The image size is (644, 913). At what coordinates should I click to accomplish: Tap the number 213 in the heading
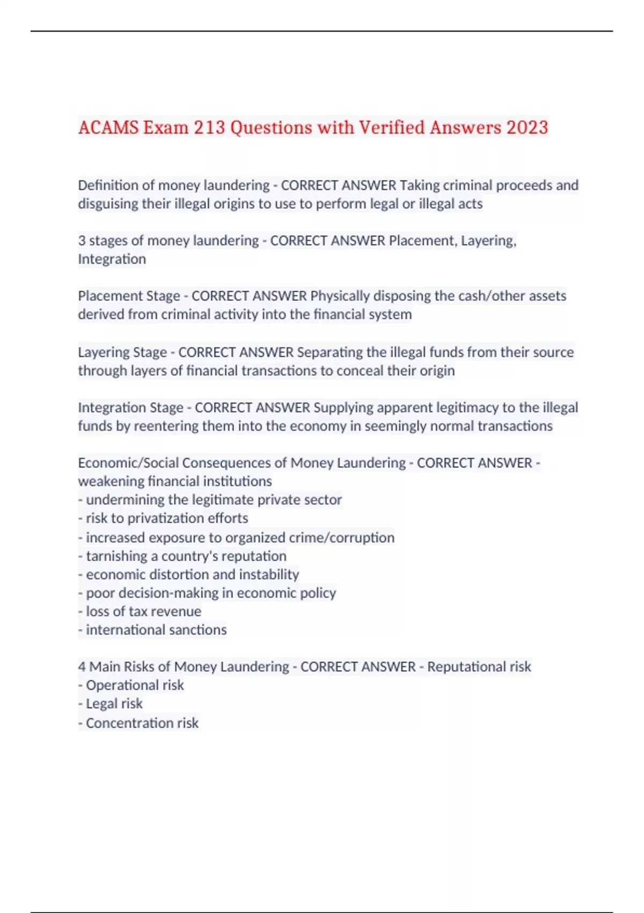209,128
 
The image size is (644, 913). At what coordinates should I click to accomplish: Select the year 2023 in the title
527,128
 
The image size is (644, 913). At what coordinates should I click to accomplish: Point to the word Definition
108,185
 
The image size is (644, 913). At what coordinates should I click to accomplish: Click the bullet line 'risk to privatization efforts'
166,518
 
